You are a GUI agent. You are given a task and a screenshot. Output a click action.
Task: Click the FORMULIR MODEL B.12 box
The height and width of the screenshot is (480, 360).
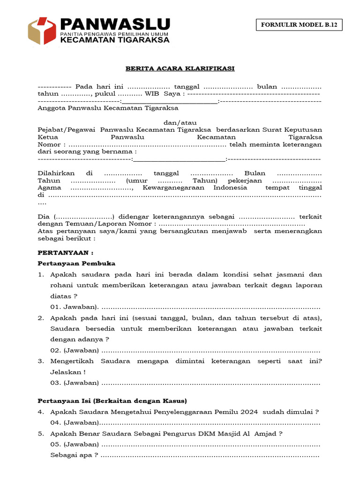tap(299, 25)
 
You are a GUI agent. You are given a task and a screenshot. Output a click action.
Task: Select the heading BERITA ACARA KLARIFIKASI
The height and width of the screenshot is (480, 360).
tap(180, 68)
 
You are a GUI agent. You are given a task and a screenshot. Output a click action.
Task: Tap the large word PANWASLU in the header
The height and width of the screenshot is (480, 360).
tap(115, 24)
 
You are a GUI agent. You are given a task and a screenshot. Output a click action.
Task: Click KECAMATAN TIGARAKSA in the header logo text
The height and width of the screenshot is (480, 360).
tap(115, 40)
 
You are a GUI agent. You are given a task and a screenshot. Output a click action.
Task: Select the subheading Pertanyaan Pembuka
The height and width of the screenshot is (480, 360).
tap(76, 263)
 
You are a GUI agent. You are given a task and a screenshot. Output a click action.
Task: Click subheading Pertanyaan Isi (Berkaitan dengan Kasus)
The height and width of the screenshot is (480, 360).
tap(112, 401)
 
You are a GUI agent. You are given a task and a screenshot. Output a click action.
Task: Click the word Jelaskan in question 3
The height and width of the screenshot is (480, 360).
tap(65, 372)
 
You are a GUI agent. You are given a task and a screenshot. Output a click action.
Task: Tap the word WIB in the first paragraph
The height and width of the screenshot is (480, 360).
tap(152, 94)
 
